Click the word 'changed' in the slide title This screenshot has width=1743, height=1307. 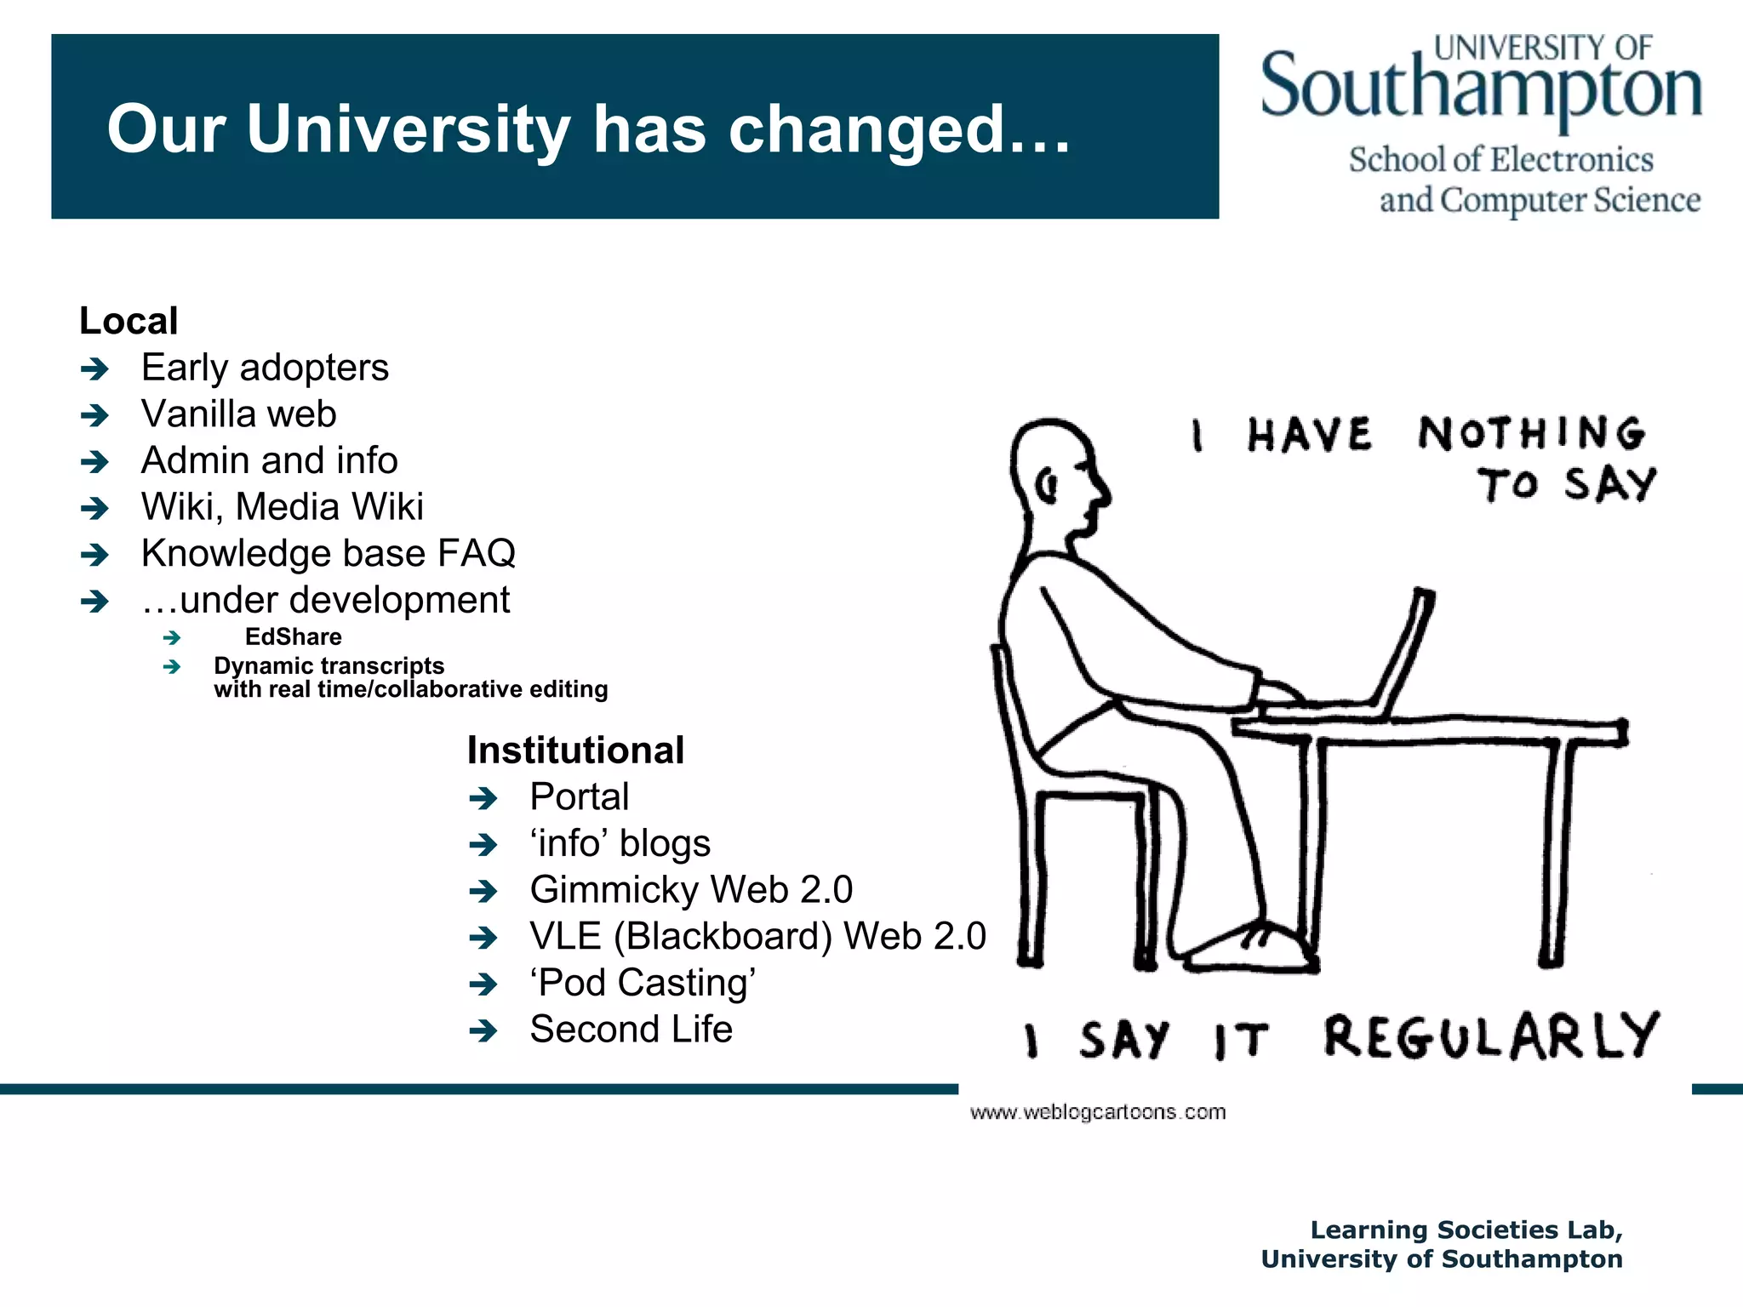(x=866, y=130)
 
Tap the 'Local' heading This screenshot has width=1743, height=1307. (x=129, y=322)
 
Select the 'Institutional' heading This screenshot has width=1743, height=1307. (x=575, y=751)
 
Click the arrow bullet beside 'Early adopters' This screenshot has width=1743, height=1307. (x=94, y=369)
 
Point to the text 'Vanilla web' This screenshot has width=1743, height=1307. (x=239, y=414)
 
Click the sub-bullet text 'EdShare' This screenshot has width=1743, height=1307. (x=293, y=636)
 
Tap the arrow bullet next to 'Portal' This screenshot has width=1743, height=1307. (x=483, y=798)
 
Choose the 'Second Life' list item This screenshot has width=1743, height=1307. (x=631, y=1030)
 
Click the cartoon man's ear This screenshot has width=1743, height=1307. (x=1047, y=487)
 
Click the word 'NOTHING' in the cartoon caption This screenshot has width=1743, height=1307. (x=1530, y=434)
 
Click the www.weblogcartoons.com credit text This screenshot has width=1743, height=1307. (x=1097, y=1112)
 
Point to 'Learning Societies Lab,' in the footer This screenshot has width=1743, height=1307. (x=1466, y=1230)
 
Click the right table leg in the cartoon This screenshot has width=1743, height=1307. (x=1556, y=851)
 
